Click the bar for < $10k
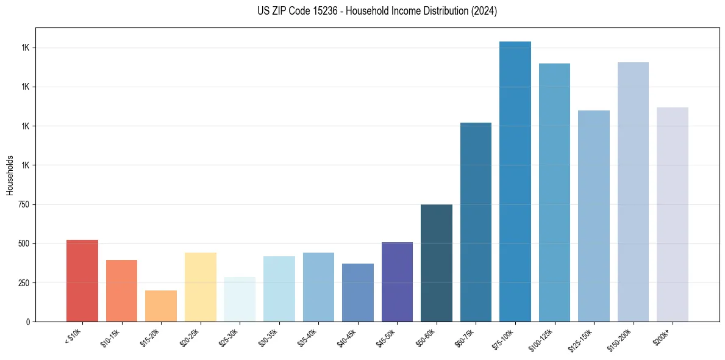[x=82, y=281]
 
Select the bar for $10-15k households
[x=121, y=290]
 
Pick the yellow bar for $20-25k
[x=201, y=287]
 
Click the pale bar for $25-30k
[x=240, y=299]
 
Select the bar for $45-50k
[x=397, y=282]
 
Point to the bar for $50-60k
[x=437, y=263]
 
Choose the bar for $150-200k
[x=633, y=192]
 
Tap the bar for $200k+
[x=673, y=214]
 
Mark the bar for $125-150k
[x=594, y=216]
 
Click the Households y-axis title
[x=10, y=175]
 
